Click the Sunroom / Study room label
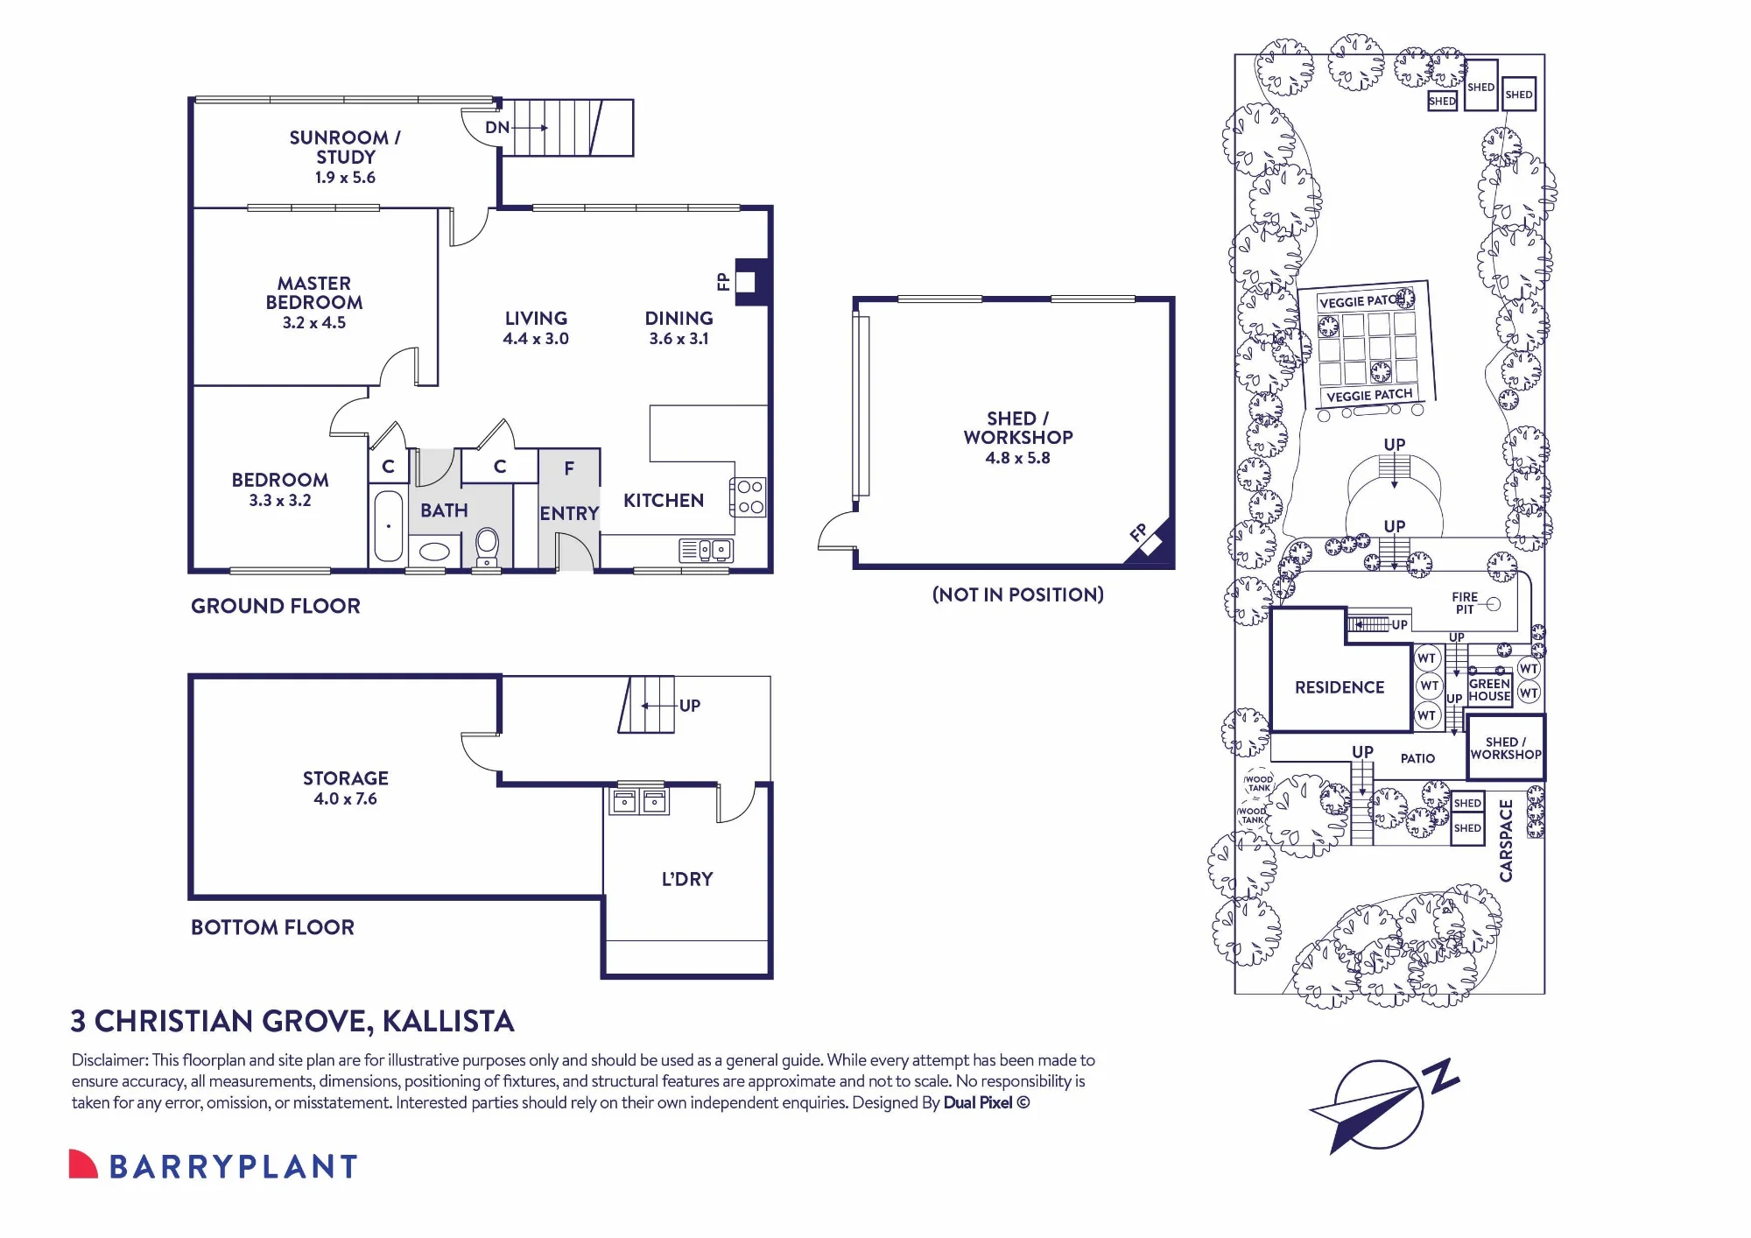coord(345,147)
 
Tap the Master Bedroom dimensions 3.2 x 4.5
coord(314,323)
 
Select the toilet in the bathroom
coord(487,545)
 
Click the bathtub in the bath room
coord(389,526)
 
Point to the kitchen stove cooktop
coord(749,497)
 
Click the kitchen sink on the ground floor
coord(706,550)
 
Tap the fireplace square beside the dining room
coord(746,282)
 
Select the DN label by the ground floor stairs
coord(497,128)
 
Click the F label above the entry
coord(569,469)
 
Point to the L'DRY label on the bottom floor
coord(687,879)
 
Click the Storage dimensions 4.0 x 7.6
coord(346,799)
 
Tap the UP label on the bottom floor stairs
coord(690,706)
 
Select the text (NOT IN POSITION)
coord(1018,595)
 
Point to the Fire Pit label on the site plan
coord(1465,603)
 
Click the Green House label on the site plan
coord(1489,690)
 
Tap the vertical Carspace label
coord(1506,841)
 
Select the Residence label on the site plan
coord(1340,688)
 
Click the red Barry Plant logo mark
coord(82,1164)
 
